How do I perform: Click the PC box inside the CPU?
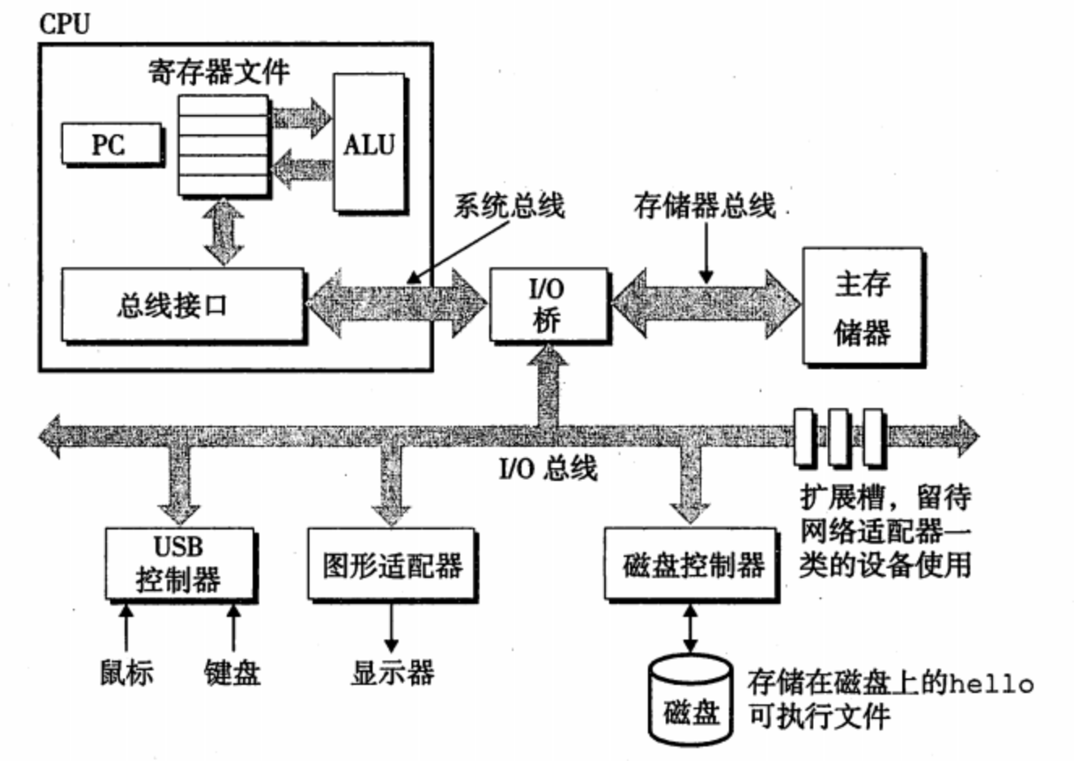click(x=111, y=145)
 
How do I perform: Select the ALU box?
click(x=369, y=144)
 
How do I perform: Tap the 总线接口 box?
click(x=183, y=304)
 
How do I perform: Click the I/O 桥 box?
click(x=548, y=304)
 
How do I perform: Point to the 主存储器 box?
click(x=862, y=307)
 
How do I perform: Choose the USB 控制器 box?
click(x=179, y=563)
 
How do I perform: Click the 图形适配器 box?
click(x=392, y=564)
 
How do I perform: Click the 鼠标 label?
click(x=126, y=672)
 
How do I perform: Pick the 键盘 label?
click(x=232, y=672)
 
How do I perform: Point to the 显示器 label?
click(x=392, y=672)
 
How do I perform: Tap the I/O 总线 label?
click(x=548, y=468)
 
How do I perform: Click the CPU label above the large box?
click(x=65, y=23)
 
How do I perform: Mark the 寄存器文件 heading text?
click(x=219, y=73)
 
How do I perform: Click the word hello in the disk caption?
click(x=991, y=685)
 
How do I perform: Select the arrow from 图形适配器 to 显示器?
click(x=391, y=627)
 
